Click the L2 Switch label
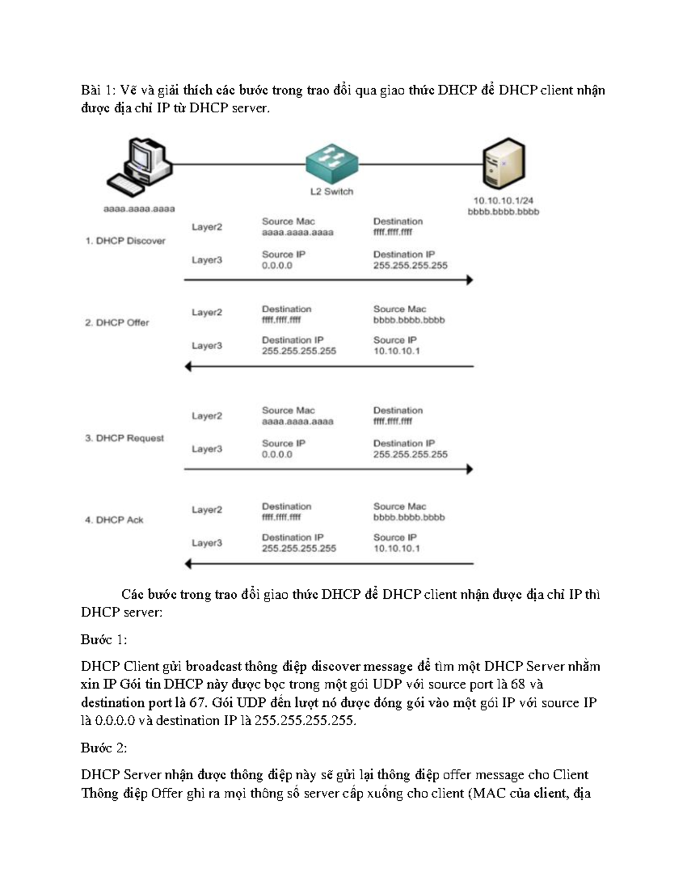click(x=331, y=192)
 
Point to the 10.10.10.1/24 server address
click(x=503, y=201)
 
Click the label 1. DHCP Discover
click(x=125, y=241)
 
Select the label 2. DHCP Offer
click(x=117, y=323)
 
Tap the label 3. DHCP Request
click(x=124, y=438)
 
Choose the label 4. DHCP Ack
click(x=114, y=520)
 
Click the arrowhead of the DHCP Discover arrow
click(x=469, y=280)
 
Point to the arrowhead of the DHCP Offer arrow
click(x=188, y=366)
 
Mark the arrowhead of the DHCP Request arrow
click(x=469, y=469)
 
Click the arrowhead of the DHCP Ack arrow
click(x=188, y=564)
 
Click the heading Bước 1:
click(x=104, y=639)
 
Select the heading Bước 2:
click(x=104, y=748)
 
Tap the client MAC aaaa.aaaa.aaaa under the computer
click(x=139, y=209)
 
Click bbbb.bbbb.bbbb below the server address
click(x=503, y=212)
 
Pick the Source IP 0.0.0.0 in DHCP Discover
click(x=277, y=266)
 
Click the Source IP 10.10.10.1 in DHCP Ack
click(x=397, y=548)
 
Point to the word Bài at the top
click(x=90, y=90)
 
